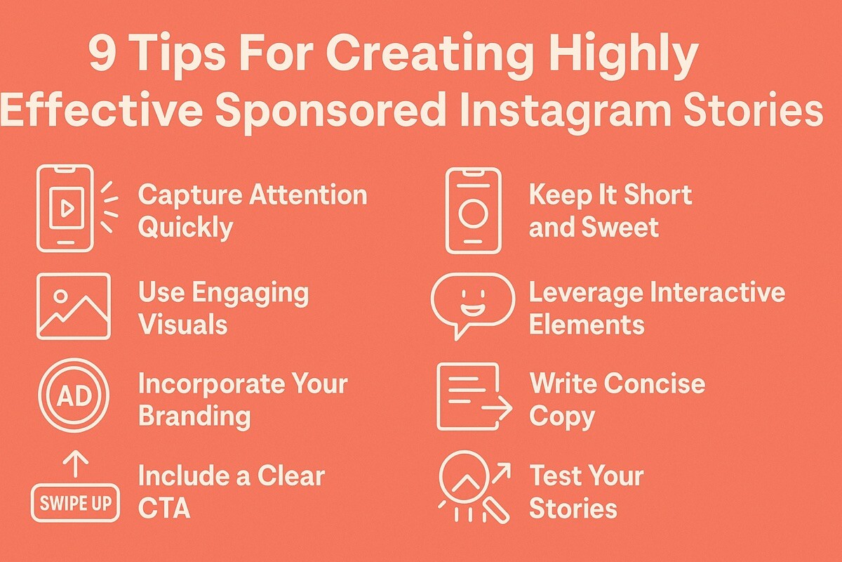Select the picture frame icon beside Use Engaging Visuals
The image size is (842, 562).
pos(73,306)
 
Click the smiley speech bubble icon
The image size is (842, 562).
pos(472,303)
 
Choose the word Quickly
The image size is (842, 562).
pos(185,228)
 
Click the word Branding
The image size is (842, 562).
pos(194,416)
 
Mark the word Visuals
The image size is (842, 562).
pos(182,325)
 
